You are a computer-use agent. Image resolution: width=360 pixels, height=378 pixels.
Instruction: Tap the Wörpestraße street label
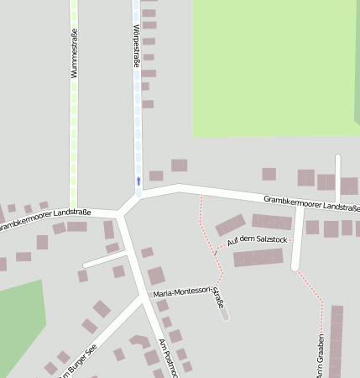click(136, 48)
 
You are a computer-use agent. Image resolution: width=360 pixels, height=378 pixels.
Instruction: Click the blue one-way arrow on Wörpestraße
click(138, 180)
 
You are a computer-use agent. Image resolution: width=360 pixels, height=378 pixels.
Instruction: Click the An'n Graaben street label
click(321, 358)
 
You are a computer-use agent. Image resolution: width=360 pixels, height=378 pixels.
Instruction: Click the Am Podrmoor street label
click(169, 357)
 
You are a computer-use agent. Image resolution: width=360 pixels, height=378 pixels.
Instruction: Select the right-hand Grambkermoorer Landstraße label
click(310, 202)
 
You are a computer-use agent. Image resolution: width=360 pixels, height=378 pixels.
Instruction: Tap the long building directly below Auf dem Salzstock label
click(258, 258)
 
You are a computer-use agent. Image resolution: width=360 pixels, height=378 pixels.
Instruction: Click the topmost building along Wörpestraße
click(148, 3)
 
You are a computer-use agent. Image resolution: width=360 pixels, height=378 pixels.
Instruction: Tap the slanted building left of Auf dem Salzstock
click(230, 225)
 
